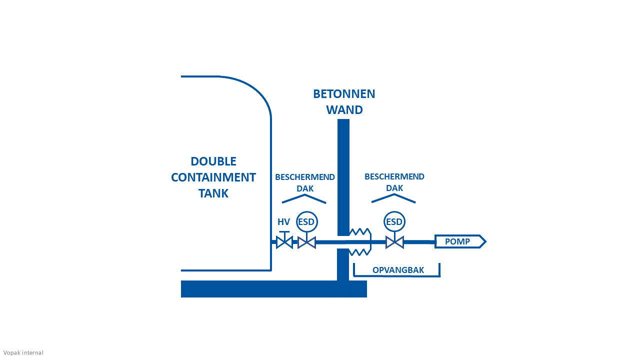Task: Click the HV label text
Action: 283,222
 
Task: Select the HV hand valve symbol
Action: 284,242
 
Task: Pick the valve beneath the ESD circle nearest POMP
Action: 394,242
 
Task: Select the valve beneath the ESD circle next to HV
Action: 306,242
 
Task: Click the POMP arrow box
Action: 459,241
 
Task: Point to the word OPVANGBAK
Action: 398,270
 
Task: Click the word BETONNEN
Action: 344,94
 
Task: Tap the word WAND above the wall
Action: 344,110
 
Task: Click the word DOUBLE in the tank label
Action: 213,161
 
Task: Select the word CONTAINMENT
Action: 213,177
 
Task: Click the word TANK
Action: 213,193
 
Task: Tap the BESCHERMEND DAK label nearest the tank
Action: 304,182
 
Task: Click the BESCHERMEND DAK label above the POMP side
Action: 394,182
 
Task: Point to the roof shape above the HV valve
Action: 304,198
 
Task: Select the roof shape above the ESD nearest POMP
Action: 393,198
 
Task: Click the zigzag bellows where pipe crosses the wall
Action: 360,242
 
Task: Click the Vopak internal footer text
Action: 23,353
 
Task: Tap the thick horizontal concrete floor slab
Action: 273,289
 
